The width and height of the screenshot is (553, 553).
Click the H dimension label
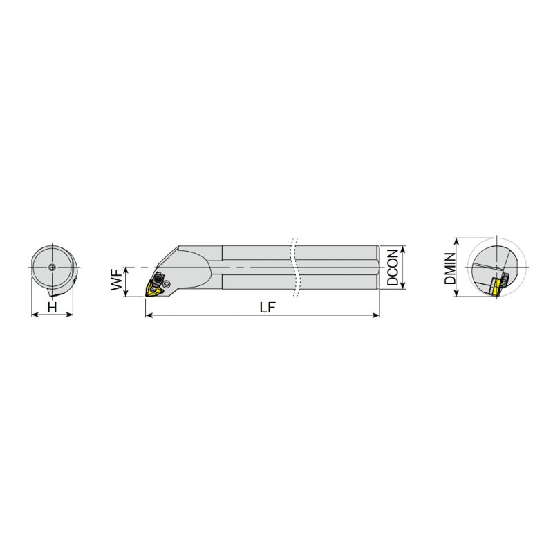[x=53, y=308]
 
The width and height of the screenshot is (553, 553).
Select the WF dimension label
[x=117, y=279]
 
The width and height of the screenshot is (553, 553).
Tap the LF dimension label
[x=268, y=308]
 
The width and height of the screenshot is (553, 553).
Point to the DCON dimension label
[x=393, y=268]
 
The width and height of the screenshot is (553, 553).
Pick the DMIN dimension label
[x=450, y=269]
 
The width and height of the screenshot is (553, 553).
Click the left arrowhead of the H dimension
[x=35, y=315]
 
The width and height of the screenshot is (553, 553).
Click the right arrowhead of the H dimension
[x=70, y=315]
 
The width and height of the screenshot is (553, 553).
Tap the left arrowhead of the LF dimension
[x=149, y=315]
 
